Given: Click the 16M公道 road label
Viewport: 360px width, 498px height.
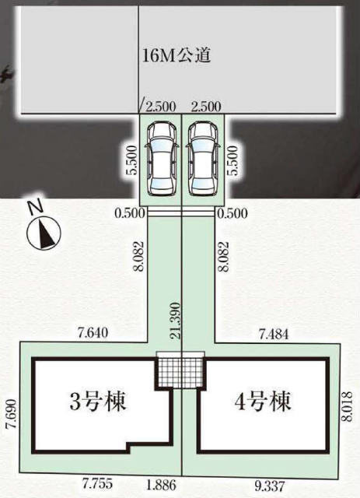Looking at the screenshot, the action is pyautogui.click(x=177, y=56).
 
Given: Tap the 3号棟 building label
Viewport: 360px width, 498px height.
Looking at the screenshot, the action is pyautogui.click(x=98, y=402).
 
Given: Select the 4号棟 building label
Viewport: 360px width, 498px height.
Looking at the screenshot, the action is pyautogui.click(x=263, y=402).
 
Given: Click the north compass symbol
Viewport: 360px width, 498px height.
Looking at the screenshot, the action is pyautogui.click(x=44, y=233).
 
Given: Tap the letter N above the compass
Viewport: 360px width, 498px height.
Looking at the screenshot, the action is pyautogui.click(x=35, y=207).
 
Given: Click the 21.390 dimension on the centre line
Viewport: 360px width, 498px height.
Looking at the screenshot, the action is pyautogui.click(x=175, y=320).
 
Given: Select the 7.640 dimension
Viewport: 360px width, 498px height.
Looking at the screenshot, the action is pyautogui.click(x=93, y=333).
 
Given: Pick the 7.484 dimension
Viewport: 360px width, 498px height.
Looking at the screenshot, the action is pyautogui.click(x=274, y=334).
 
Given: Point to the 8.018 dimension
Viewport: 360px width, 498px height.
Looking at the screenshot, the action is pyautogui.click(x=348, y=406).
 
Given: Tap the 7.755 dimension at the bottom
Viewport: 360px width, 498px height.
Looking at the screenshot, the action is pyautogui.click(x=97, y=484).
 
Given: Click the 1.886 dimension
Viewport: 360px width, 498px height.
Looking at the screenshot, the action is pyautogui.click(x=161, y=486).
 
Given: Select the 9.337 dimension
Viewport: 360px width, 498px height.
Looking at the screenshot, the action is pyautogui.click(x=270, y=486).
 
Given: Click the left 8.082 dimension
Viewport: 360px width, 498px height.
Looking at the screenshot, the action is pyautogui.click(x=138, y=256).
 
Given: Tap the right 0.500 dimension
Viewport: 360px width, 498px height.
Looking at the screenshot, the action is pyautogui.click(x=232, y=213).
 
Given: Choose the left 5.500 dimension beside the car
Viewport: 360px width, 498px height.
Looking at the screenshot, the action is pyautogui.click(x=132, y=160).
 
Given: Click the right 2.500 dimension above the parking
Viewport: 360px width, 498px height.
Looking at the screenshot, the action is pyautogui.click(x=206, y=106).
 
